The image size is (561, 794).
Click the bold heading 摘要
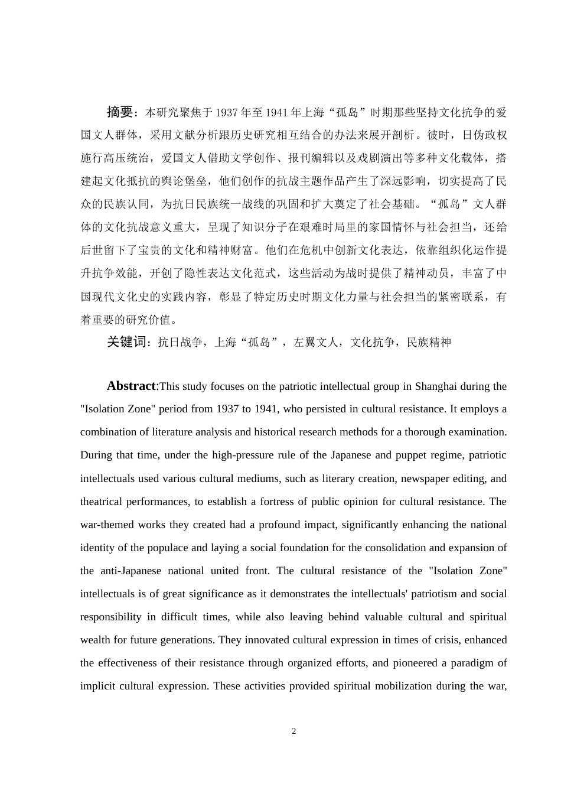point(120,112)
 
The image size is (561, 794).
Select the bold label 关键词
point(126,342)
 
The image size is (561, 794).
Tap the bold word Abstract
point(131,386)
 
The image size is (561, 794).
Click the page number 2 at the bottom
point(294,731)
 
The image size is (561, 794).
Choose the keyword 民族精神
point(429,343)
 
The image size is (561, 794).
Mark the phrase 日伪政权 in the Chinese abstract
point(484,135)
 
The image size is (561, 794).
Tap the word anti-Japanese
point(126,571)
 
